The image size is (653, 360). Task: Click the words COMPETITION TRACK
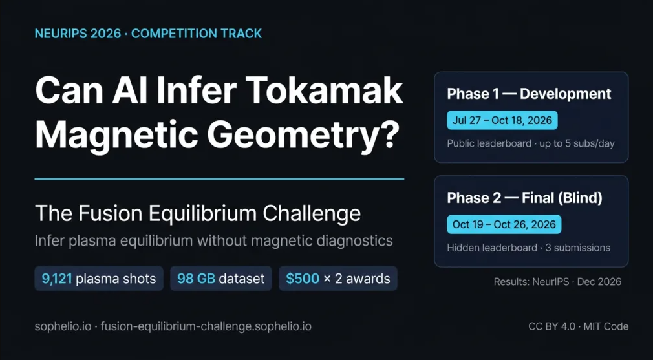coord(197,34)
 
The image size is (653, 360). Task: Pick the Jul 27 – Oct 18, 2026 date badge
coord(502,121)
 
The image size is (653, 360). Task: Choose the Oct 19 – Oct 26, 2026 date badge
coord(504,224)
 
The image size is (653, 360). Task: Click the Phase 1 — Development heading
coord(529,94)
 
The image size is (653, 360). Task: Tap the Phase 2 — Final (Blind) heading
coord(524,198)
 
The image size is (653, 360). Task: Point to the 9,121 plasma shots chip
coord(99,279)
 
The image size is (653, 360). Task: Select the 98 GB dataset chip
coord(221,279)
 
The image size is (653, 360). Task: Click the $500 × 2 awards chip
coord(338,279)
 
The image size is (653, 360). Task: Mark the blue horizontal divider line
coord(219,179)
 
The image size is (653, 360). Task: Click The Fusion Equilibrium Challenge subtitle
coord(198,213)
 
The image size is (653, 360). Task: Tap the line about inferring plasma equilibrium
coord(213,240)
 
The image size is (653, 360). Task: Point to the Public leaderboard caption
coord(531,143)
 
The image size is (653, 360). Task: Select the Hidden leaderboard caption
coord(528,248)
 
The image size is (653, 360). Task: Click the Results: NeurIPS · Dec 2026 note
coord(557,282)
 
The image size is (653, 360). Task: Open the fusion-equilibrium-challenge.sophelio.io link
coord(206,326)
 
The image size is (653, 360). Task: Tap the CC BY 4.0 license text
coord(551,326)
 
